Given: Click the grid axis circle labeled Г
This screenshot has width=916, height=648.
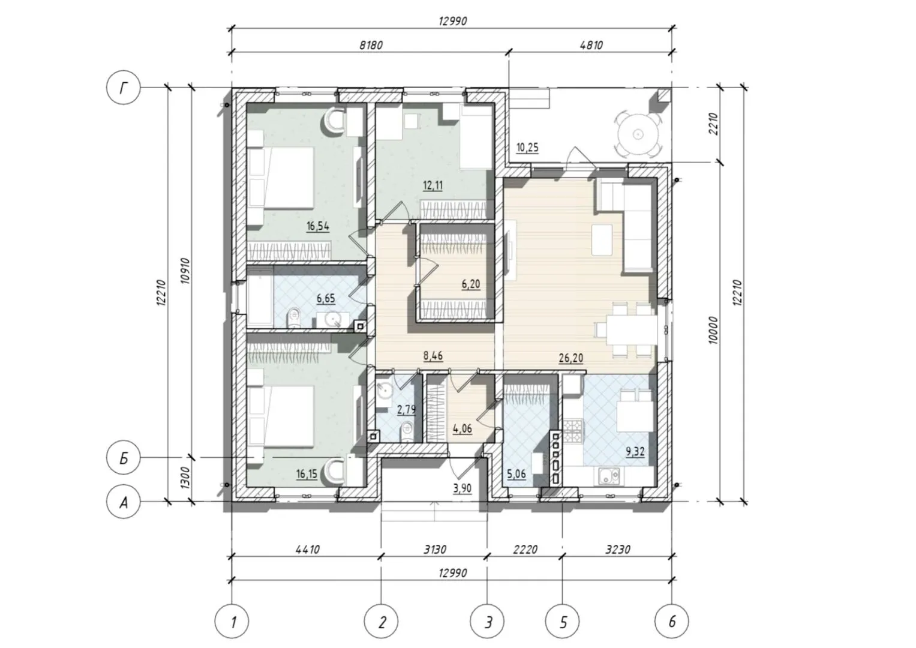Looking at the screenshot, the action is pos(124,87).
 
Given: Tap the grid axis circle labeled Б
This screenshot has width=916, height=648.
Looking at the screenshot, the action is pos(124,458).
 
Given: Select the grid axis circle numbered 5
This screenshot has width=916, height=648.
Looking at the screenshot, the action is pos(562,622).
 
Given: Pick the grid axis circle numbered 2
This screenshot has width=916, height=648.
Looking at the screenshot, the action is pos(381,622).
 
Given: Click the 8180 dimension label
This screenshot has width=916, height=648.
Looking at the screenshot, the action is pos(371,44).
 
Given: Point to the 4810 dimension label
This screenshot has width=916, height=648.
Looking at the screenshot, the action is pos(591,44).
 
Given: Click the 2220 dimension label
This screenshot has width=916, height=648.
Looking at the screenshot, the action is pos(525,549).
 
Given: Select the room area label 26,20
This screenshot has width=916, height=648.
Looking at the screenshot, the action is pos(571,358).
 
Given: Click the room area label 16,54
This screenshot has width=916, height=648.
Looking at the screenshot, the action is pos(318,226).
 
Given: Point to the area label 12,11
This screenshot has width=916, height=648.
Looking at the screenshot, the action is pos(433,186).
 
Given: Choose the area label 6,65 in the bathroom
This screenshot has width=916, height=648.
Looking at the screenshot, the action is pos(326,298).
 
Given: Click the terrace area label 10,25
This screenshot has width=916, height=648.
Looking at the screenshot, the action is pos(527,147).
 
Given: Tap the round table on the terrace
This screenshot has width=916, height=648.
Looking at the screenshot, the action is pos(638,134).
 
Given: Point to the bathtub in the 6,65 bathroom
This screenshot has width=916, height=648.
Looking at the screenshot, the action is pos(260,298).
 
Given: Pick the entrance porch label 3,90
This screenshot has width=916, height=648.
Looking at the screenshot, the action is pos(462,488).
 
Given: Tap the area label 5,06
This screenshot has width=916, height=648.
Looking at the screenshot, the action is pos(516,475).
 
